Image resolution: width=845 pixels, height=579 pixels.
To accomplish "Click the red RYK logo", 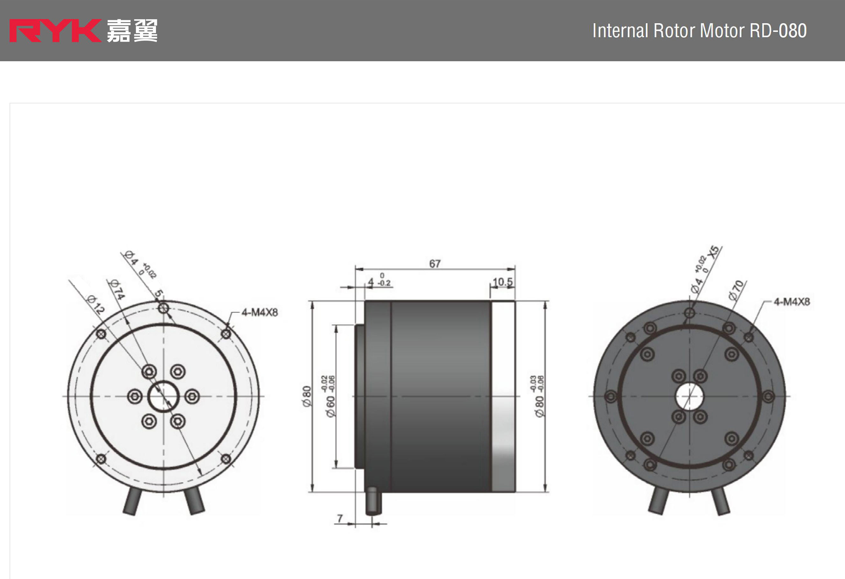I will [55, 31].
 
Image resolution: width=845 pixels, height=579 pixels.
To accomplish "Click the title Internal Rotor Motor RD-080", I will [699, 31].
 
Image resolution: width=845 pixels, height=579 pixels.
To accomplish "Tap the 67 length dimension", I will [435, 263].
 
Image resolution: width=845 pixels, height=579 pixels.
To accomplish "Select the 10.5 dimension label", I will [503, 282].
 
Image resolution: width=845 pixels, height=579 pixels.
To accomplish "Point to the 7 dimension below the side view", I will [340, 518].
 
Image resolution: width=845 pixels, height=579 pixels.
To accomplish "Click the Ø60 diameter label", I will [330, 406].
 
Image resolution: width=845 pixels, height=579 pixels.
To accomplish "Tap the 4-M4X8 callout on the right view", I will [792, 302].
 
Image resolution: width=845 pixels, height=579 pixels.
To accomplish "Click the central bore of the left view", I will [163, 396].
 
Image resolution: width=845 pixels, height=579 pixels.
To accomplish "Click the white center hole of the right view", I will [689, 396].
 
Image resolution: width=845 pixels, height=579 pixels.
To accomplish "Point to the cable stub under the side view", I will [373, 502].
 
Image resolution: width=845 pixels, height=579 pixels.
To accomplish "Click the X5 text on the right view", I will [715, 252].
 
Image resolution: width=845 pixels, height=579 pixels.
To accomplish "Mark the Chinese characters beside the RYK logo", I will [132, 31].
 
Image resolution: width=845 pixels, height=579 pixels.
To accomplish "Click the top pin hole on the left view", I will [163, 309].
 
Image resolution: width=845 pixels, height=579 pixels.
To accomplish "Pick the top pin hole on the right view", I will [689, 313].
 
